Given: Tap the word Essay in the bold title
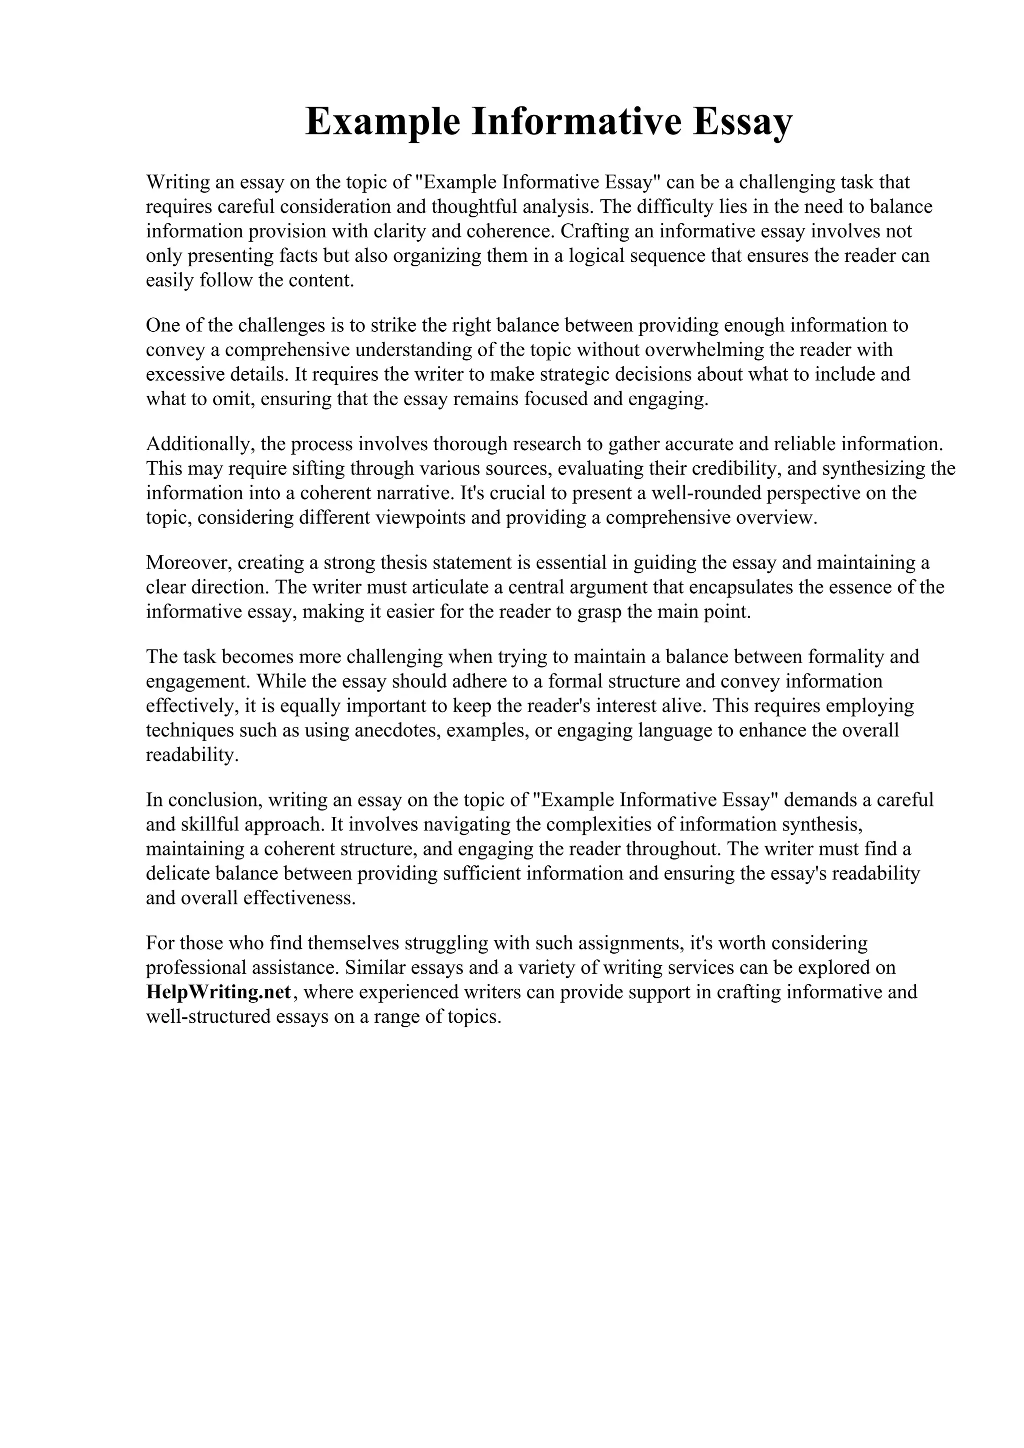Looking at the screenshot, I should (742, 122).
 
